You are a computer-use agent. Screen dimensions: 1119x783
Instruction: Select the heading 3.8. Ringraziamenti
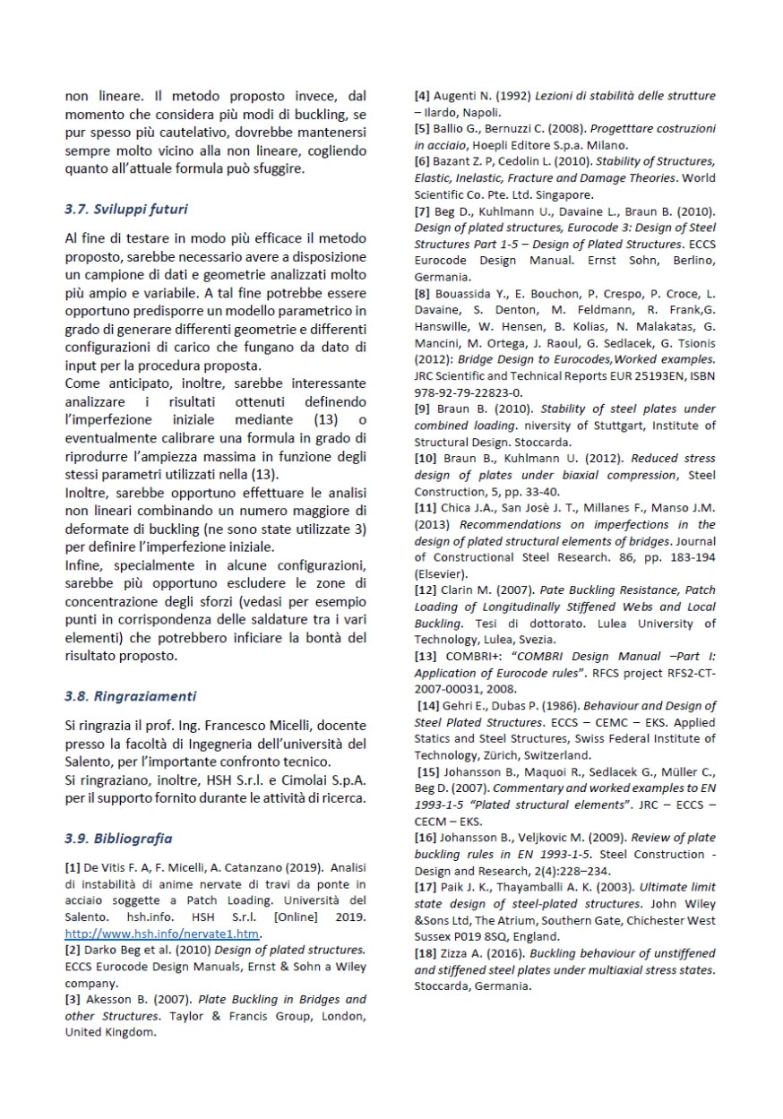click(x=131, y=695)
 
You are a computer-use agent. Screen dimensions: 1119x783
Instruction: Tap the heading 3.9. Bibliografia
click(x=118, y=839)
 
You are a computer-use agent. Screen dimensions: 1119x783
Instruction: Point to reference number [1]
click(x=73, y=867)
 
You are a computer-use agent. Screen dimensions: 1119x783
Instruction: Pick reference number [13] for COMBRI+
click(x=426, y=657)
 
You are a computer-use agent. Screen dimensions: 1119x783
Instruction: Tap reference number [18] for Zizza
click(x=426, y=954)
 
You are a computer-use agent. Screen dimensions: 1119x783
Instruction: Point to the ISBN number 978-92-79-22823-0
click(x=469, y=392)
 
